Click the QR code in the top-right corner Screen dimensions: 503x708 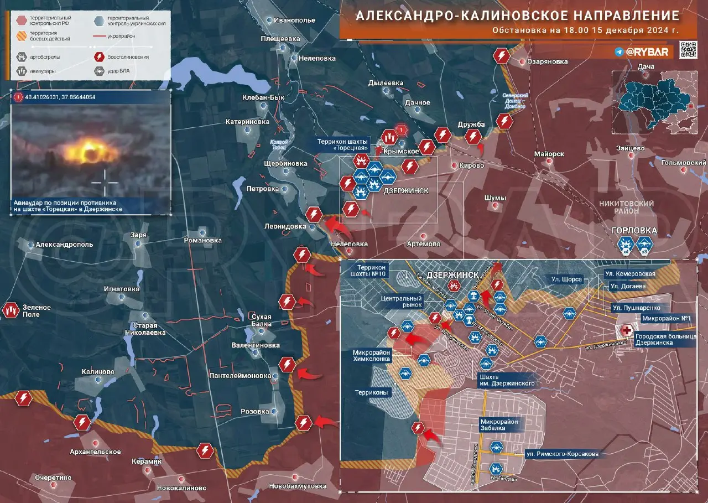[x=688, y=50]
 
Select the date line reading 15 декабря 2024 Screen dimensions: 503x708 [x=586, y=30]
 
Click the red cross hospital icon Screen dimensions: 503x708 [x=626, y=331]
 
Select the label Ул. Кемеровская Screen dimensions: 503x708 [x=629, y=274]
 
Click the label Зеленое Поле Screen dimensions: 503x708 [x=37, y=311]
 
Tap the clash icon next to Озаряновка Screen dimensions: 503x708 [x=502, y=56]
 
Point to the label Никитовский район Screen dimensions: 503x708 [x=626, y=207]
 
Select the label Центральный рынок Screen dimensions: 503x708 [x=402, y=301]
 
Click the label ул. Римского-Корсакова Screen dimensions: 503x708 [x=561, y=454]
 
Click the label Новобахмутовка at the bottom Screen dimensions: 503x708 [x=297, y=486]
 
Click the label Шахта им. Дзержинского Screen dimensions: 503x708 [x=507, y=380]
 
